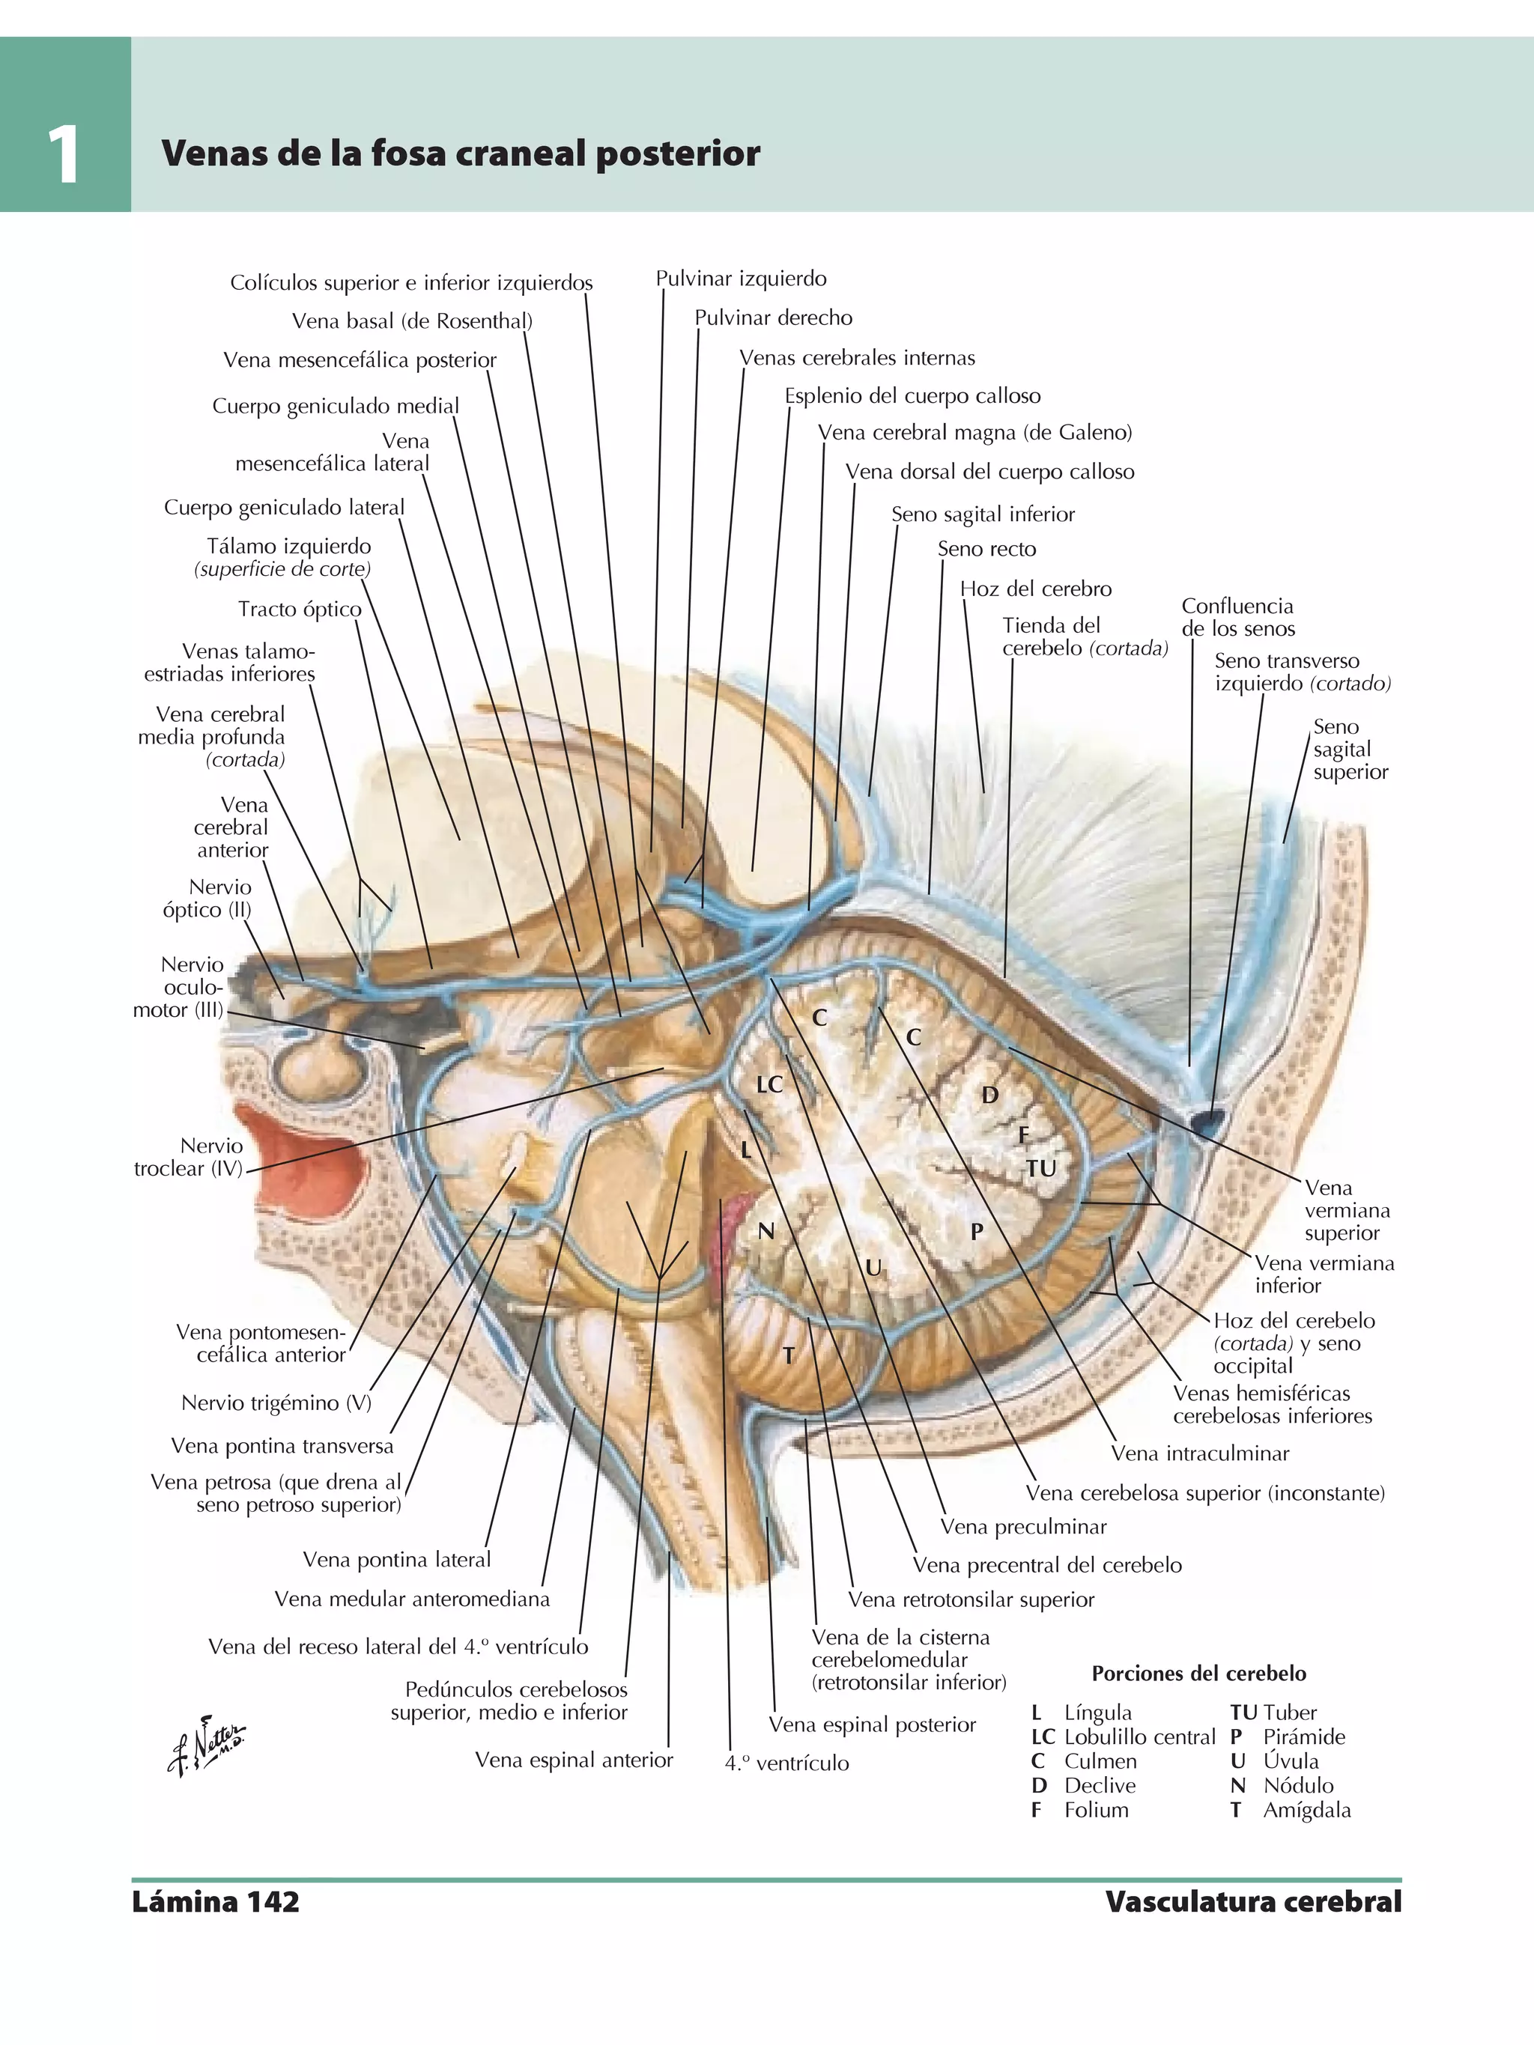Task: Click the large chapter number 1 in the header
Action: coord(63,155)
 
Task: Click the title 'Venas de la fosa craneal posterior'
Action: coord(461,154)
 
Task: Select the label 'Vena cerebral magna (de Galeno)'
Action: coord(974,433)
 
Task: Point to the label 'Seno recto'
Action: coord(986,549)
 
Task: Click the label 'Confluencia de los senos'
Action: coord(1237,618)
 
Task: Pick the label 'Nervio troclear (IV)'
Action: coord(189,1158)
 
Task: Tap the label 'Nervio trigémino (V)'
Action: coord(276,1403)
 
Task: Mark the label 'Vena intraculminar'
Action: coord(1199,1453)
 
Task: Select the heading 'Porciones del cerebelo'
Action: coord(1198,1674)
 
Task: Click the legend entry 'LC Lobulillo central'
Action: coord(1123,1737)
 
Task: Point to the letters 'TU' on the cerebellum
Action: coord(1040,1169)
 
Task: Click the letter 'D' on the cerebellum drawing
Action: coord(989,1096)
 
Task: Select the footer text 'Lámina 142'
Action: coord(216,1902)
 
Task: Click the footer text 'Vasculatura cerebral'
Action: coord(1253,1902)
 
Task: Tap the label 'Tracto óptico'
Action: coord(299,610)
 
